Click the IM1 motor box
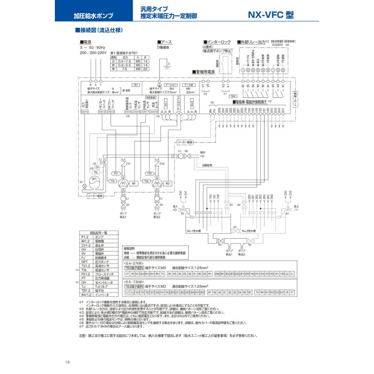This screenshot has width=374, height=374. [134, 183]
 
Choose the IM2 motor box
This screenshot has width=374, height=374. [167, 183]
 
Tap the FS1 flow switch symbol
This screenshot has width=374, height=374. [116, 173]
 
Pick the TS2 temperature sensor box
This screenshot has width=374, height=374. [146, 181]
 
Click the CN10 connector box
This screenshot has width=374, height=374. [84, 112]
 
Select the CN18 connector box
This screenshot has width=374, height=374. [154, 112]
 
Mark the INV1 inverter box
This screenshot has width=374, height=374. [165, 102]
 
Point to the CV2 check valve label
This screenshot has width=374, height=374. [162, 164]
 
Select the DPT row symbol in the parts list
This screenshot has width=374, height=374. [85, 262]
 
